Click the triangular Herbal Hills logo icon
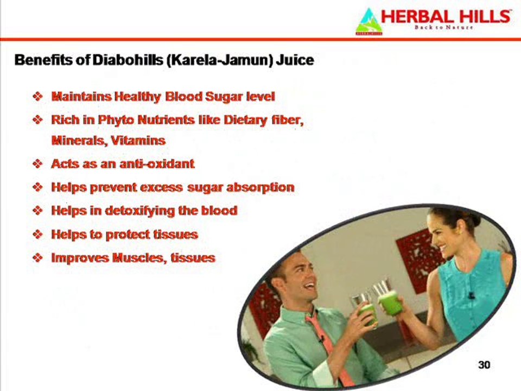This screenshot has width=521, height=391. pyautogui.click(x=368, y=22)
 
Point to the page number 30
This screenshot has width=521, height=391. pyautogui.click(x=484, y=364)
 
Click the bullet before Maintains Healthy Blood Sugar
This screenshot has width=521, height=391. pyautogui.click(x=37, y=97)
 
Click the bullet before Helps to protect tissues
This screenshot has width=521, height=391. pyautogui.click(x=37, y=235)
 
